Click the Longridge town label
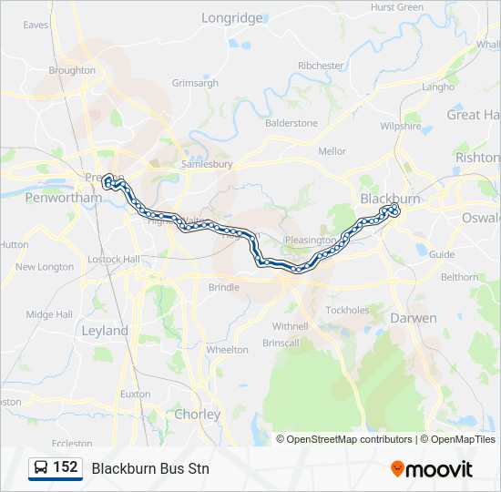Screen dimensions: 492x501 pos(231,17)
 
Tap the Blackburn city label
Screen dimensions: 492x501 pos(390,198)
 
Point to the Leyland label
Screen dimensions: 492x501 pos(105,331)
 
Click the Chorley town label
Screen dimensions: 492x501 pos(198,414)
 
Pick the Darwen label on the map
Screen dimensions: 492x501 pos(414,318)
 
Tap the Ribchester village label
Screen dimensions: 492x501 pos(321,66)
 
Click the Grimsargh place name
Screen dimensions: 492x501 pos(195,83)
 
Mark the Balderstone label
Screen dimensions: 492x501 pos(291,123)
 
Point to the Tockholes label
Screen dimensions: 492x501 pos(347,310)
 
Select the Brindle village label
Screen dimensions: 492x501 pos(224,287)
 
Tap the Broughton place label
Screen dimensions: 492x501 pos(72,70)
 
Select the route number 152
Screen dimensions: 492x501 pos(65,467)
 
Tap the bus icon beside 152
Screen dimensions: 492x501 pos(41,468)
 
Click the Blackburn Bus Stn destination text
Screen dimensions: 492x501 pos(150,468)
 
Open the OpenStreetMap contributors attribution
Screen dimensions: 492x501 pos(350,439)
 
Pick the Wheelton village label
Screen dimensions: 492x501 pos(227,350)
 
